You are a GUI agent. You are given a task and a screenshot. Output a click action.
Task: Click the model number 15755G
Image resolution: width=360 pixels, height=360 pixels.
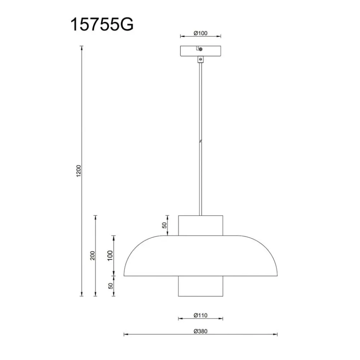(x=102, y=25)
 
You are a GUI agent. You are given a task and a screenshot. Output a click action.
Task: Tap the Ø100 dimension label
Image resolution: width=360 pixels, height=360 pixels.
(x=201, y=33)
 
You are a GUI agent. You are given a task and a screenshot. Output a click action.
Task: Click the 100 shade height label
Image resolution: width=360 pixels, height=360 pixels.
(x=111, y=255)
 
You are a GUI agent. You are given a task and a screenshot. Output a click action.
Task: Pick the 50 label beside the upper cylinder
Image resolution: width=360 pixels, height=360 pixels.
(x=164, y=225)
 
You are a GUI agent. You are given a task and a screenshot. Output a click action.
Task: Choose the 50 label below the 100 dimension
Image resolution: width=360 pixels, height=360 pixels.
(x=111, y=286)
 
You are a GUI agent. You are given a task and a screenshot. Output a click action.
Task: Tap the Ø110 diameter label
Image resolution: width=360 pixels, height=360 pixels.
(x=201, y=315)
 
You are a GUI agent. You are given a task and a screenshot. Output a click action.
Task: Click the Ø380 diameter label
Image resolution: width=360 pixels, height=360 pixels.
(x=201, y=332)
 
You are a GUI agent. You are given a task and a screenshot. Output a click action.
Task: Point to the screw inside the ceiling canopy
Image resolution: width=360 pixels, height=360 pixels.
(x=201, y=49)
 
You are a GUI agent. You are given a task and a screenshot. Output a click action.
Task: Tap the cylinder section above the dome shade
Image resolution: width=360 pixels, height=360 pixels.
(x=201, y=225)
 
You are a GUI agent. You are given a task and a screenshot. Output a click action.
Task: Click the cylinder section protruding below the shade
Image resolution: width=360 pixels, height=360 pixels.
(x=201, y=287)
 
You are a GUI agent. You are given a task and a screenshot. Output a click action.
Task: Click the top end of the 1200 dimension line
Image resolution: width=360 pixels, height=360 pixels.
(x=82, y=46)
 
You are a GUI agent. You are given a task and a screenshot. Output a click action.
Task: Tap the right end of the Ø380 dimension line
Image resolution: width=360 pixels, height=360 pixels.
(x=278, y=335)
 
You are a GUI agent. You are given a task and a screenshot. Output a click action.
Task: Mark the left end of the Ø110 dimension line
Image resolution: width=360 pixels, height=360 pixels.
(x=179, y=319)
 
